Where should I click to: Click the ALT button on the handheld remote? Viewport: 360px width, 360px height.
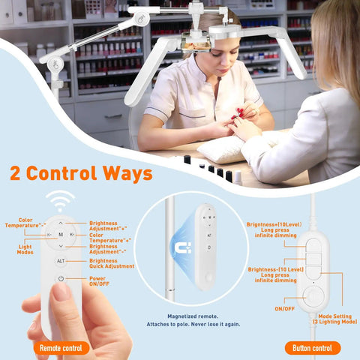pyautogui.click(x=61, y=261)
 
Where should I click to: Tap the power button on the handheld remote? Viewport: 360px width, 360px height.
pyautogui.click(x=61, y=278)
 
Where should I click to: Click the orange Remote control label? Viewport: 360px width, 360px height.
pyautogui.click(x=61, y=348)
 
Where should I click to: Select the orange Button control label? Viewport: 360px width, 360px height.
pyautogui.click(x=313, y=348)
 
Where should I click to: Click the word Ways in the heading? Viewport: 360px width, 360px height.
pyautogui.click(x=127, y=173)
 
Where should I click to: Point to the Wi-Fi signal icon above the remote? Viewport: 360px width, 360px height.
pyautogui.click(x=60, y=200)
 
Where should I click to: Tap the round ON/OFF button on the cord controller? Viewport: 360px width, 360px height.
pyautogui.click(x=313, y=297)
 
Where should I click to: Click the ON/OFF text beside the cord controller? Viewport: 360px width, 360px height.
pyautogui.click(x=284, y=309)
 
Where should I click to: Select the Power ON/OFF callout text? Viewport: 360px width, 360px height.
pyautogui.click(x=99, y=281)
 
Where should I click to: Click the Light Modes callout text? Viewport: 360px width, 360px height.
pyautogui.click(x=25, y=250)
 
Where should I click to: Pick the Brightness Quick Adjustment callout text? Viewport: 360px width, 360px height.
pyautogui.click(x=112, y=263)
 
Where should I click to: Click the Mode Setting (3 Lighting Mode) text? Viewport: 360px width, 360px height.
pyautogui.click(x=335, y=319)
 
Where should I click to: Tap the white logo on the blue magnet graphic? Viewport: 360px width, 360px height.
pyautogui.click(x=183, y=247)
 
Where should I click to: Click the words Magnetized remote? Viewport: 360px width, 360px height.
pyautogui.click(x=193, y=316)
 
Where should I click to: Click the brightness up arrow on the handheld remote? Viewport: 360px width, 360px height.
pyautogui.click(x=61, y=223)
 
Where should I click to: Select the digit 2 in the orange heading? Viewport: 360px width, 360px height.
pyautogui.click(x=15, y=173)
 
